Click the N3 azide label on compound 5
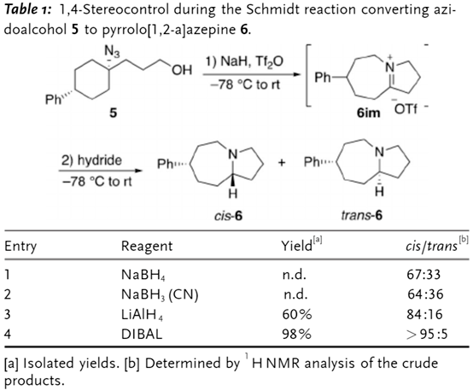[x=112, y=51]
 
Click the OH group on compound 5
[x=182, y=70]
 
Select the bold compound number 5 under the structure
[x=113, y=113]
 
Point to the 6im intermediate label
[x=368, y=113]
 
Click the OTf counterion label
[x=406, y=109]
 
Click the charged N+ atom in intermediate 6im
[x=390, y=66]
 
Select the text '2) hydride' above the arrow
[x=91, y=160]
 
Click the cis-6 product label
[x=228, y=216]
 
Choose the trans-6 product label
[x=362, y=215]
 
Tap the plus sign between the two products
[x=282, y=163]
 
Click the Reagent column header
[x=147, y=246]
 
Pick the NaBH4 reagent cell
[x=143, y=275]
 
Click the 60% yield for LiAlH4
[x=296, y=314]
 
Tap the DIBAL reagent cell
[x=142, y=334]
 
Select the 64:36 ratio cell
[x=425, y=294]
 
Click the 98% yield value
[x=296, y=334]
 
